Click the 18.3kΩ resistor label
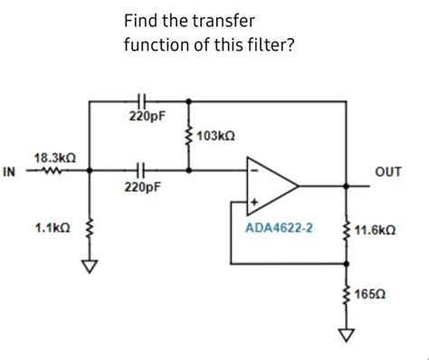51,157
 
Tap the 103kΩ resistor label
216,136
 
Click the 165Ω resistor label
373,296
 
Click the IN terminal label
10,172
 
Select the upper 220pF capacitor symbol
140,99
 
